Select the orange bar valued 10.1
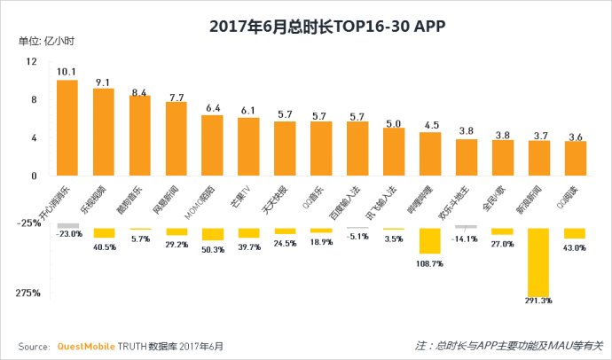(67, 127)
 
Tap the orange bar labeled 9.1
(103, 131)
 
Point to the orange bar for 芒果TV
(248, 145)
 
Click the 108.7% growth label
(430, 264)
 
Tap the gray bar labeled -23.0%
(67, 225)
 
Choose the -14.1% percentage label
(467, 238)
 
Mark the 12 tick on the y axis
(32, 61)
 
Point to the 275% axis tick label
(27, 293)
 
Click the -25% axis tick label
(27, 223)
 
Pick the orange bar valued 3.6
(576, 157)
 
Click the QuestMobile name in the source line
(85, 345)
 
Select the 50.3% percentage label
(212, 250)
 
